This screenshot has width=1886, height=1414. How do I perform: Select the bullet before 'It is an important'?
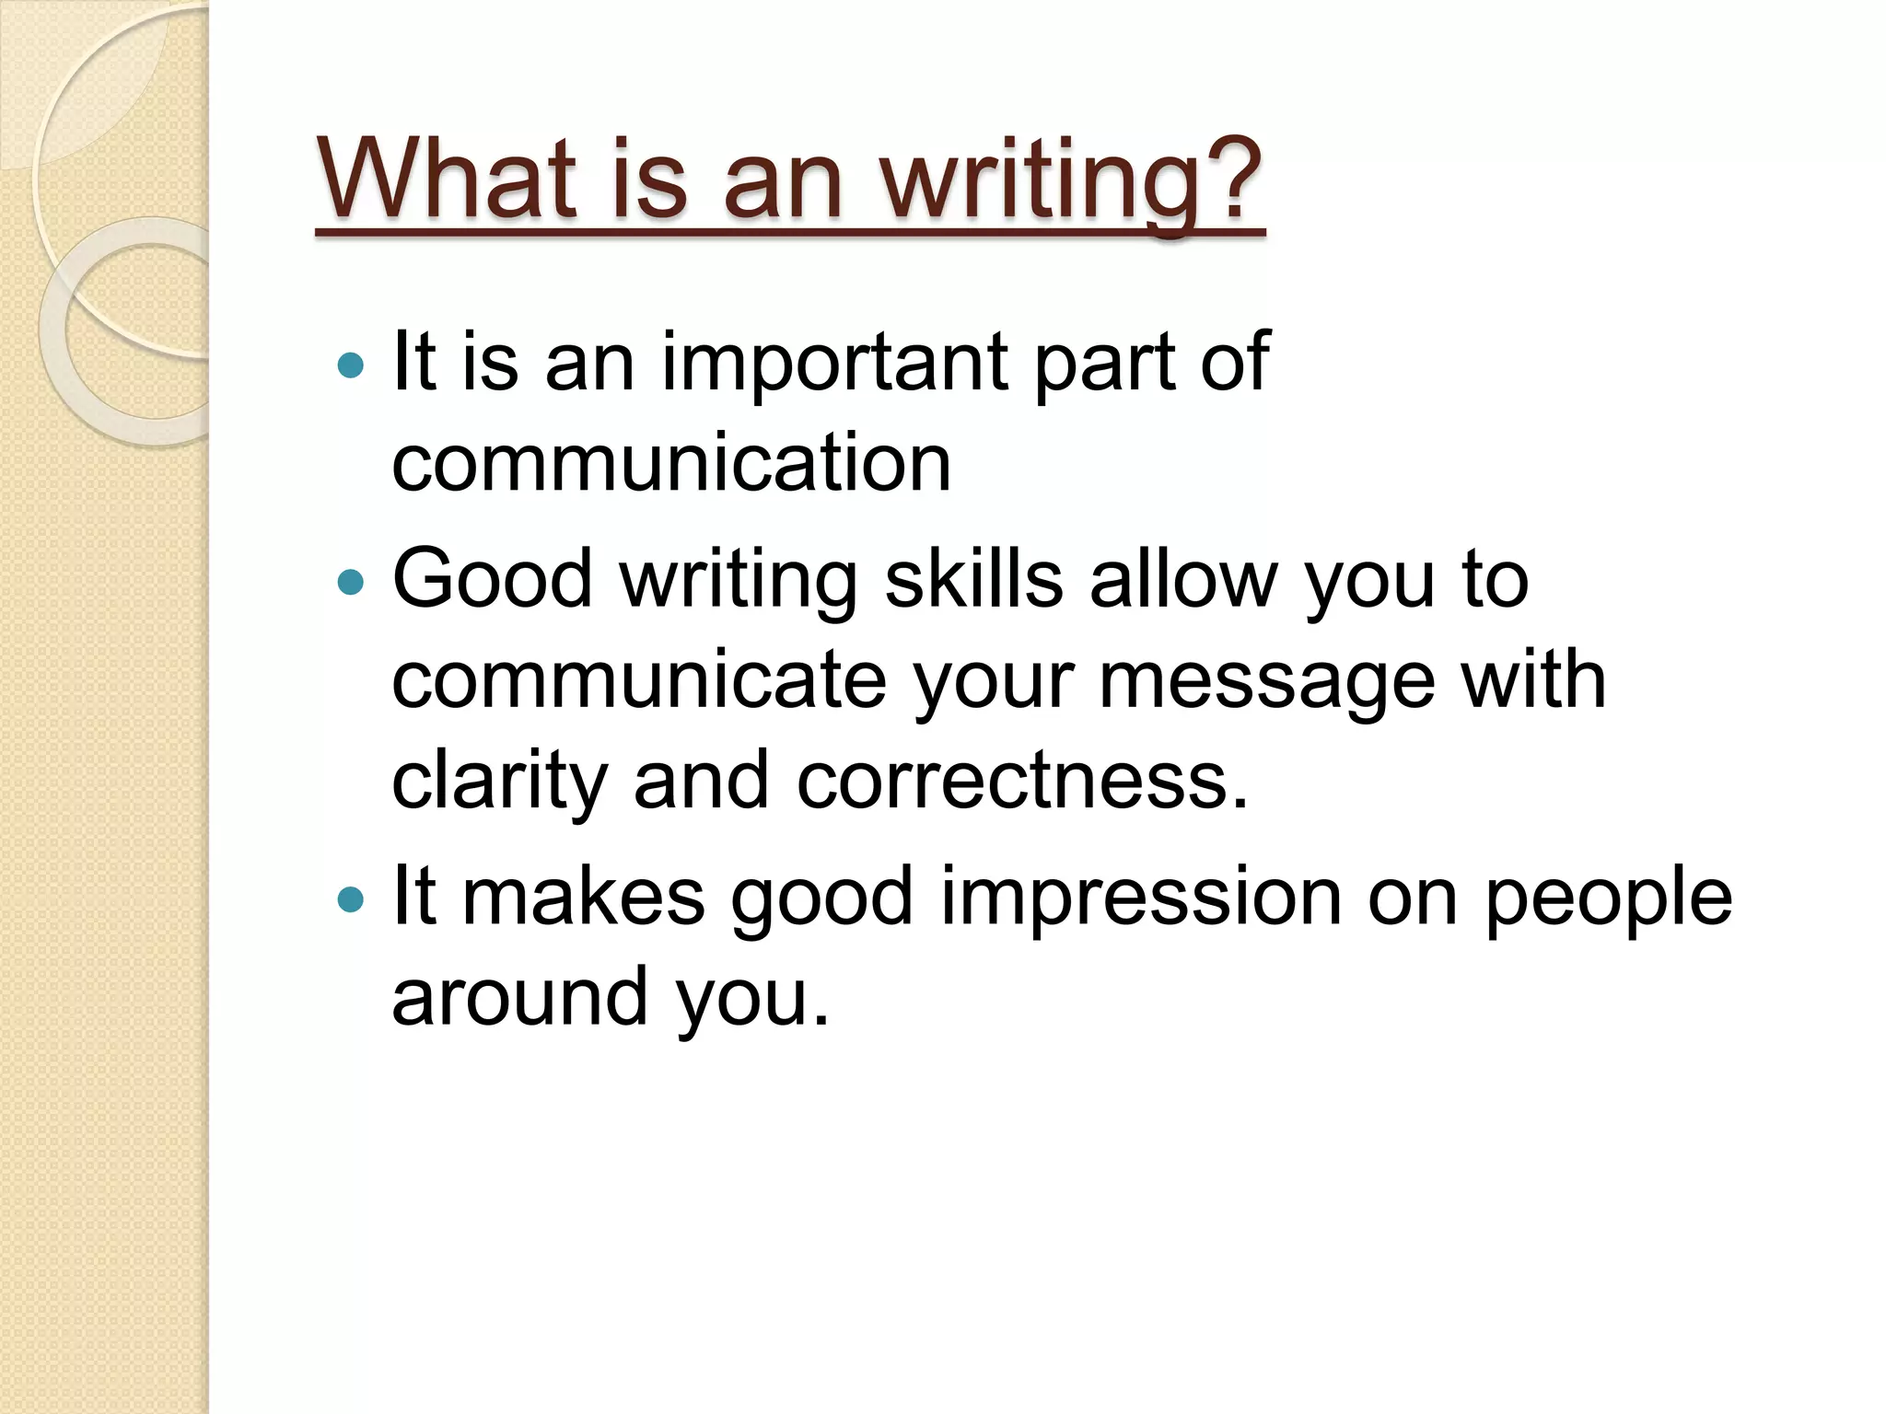coord(351,366)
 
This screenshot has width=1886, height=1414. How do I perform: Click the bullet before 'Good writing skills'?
coord(351,582)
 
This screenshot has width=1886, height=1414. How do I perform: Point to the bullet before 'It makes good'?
coord(351,898)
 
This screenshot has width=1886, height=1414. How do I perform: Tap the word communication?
coord(671,462)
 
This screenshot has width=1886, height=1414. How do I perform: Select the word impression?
coord(1141,898)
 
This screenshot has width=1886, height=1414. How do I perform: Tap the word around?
coord(519,996)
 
